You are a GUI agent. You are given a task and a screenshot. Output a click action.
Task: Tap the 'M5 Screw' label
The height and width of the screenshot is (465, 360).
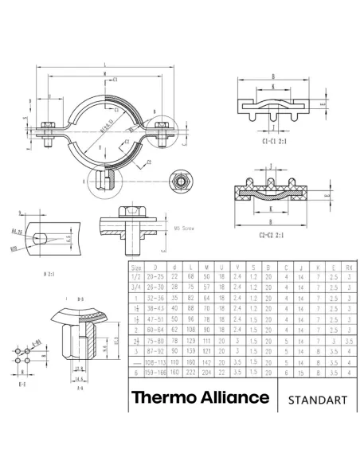tap(185, 228)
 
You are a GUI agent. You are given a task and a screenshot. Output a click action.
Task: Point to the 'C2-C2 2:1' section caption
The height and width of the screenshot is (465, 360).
tap(275, 235)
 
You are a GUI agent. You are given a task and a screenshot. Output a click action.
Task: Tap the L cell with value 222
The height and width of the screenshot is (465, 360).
tap(191, 371)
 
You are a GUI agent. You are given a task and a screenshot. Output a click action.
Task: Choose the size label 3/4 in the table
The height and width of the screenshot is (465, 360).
tap(136, 287)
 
